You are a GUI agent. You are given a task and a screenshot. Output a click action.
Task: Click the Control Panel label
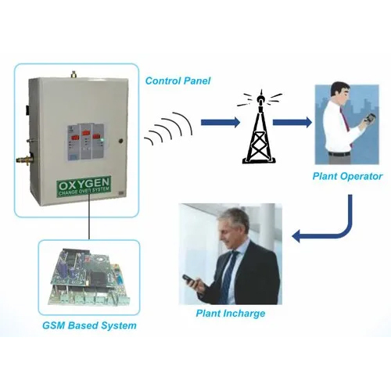click(178, 81)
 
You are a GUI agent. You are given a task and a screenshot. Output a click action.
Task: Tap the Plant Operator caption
click(347, 177)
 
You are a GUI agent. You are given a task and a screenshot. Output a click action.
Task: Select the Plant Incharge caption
click(231, 314)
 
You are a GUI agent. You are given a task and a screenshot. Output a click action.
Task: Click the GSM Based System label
click(89, 325)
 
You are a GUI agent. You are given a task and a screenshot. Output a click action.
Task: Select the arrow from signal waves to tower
click(221, 122)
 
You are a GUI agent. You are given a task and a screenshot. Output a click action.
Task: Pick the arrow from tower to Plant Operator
click(292, 122)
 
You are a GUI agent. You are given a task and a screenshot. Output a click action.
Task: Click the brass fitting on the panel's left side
click(23, 159)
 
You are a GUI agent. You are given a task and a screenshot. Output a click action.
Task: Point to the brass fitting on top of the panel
click(74, 74)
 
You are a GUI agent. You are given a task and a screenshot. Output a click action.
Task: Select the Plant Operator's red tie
click(346, 120)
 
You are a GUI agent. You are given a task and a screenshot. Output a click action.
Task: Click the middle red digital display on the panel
click(86, 133)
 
